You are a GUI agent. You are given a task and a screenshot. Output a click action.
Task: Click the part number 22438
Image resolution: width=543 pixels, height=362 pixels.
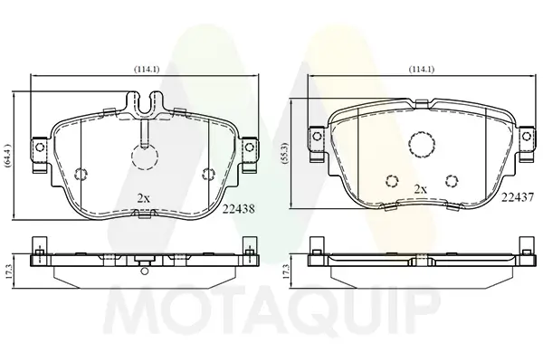click(239, 209)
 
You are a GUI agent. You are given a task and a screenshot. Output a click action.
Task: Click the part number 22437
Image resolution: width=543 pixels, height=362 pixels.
click(518, 197)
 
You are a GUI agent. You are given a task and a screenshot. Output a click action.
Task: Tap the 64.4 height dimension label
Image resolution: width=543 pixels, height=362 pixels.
click(8, 156)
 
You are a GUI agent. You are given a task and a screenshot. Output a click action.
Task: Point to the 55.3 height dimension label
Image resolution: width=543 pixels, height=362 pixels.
click(285, 154)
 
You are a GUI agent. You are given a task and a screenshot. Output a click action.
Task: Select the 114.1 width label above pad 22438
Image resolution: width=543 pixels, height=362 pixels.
click(147, 70)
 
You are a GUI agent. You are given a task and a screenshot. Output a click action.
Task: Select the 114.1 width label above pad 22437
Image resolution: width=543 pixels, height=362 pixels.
click(422, 70)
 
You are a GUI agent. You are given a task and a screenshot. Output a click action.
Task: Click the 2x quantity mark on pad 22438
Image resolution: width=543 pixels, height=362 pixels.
click(143, 198)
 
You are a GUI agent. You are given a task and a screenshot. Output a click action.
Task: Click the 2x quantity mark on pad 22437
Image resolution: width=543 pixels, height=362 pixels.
click(421, 189)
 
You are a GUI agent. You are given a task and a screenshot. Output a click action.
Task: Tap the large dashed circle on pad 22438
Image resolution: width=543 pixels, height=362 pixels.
click(145, 157)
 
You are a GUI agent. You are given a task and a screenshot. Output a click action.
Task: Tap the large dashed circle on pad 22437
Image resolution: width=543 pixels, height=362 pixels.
click(422, 145)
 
